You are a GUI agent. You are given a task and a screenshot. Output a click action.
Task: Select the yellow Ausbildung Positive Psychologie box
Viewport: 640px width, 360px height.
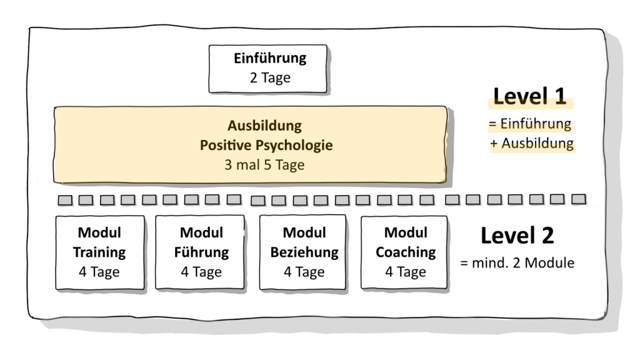click(250, 145)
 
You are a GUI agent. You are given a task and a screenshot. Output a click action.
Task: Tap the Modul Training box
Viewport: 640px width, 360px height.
click(99, 252)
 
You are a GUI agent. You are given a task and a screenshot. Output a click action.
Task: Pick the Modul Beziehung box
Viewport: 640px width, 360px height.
click(304, 252)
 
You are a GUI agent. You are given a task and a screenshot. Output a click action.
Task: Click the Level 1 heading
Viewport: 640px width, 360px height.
click(529, 96)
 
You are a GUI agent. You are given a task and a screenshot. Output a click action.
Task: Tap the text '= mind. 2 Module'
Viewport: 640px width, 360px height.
click(517, 263)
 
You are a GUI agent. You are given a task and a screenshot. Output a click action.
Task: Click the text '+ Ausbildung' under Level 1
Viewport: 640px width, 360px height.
click(532, 143)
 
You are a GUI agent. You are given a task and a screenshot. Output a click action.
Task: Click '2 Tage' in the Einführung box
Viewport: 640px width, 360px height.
click(270, 79)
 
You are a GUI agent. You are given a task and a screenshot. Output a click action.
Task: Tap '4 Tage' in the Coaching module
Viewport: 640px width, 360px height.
click(406, 272)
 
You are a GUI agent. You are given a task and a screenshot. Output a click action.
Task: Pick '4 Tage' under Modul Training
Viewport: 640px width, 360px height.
click(99, 272)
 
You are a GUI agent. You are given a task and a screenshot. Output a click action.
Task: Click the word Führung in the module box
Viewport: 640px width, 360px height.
click(201, 253)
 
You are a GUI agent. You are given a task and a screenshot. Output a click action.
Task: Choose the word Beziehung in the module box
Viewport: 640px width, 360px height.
click(304, 253)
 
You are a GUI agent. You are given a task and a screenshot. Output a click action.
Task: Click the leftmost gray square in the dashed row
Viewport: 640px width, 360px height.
click(65, 200)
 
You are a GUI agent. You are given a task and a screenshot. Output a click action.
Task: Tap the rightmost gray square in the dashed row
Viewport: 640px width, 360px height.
click(578, 199)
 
